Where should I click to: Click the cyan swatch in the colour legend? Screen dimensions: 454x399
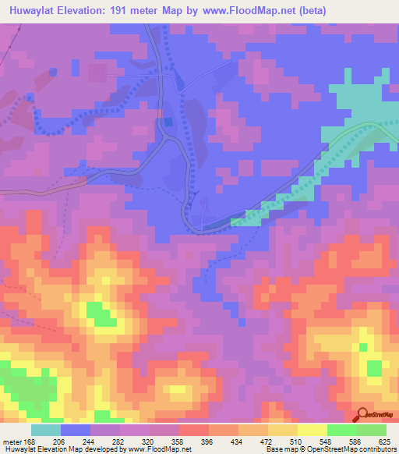[46, 430]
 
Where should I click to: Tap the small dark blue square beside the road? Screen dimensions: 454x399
[167, 122]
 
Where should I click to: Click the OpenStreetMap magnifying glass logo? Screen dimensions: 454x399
[362, 415]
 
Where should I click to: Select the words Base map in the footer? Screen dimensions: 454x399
[280, 449]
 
